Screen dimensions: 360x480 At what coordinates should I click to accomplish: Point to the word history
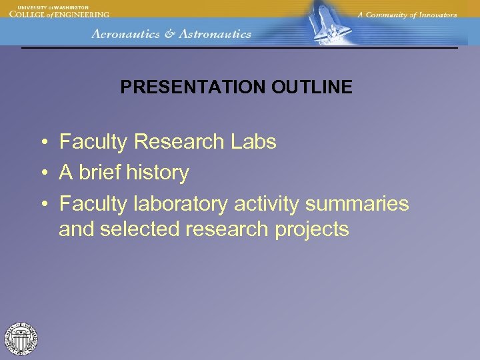click(x=157, y=173)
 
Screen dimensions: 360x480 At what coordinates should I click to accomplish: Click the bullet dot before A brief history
click(x=42, y=173)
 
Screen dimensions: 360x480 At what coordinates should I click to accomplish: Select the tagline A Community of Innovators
click(x=407, y=15)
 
